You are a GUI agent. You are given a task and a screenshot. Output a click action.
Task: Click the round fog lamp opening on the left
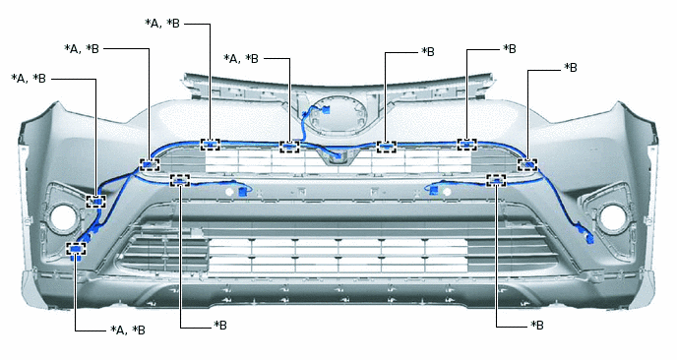pos(63,216)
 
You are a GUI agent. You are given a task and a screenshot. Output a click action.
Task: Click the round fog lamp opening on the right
pos(613,216)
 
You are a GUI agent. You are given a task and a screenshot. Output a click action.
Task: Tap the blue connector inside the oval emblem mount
pos(326,109)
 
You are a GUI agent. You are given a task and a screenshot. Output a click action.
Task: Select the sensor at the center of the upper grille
pos(338,157)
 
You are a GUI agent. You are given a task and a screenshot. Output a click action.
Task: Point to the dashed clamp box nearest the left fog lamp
pos(95,202)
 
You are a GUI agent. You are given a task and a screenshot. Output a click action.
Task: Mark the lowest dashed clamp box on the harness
pos(76,249)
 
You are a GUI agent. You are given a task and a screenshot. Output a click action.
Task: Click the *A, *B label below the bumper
pos(128,330)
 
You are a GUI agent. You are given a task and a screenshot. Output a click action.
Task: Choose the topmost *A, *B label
pos(162,23)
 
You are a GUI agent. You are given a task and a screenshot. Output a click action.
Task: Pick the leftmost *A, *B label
pos(29,79)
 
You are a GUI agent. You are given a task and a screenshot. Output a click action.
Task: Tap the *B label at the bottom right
pos(536,325)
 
